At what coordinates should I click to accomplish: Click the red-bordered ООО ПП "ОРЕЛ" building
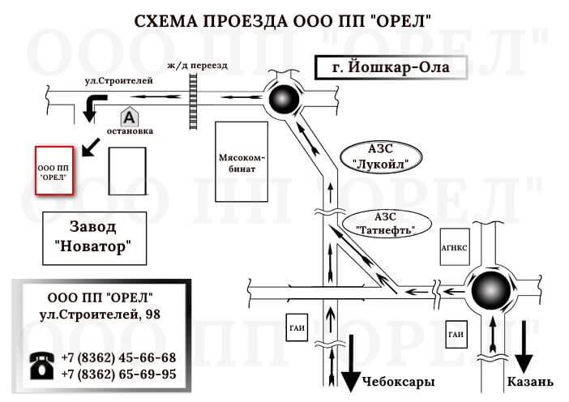tap(53, 171)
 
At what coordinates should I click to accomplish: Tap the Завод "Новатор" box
tap(94, 237)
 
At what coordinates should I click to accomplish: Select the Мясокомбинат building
tap(242, 161)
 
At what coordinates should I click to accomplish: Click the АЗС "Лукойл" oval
tap(381, 156)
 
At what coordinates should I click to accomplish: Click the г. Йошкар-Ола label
tap(391, 68)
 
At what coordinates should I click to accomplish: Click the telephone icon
tap(41, 365)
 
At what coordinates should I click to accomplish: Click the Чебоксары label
tap(398, 381)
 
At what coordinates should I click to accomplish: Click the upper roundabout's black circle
tap(285, 100)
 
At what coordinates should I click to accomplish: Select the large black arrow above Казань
tap(524, 347)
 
